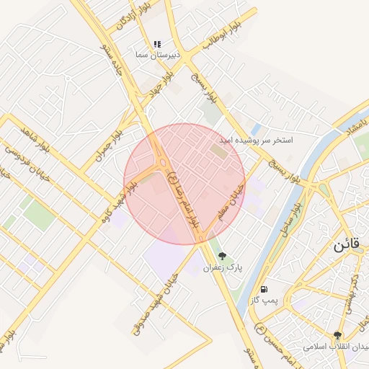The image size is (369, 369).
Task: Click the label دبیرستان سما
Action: (x=156, y=54)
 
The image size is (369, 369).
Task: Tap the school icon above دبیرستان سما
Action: (x=157, y=43)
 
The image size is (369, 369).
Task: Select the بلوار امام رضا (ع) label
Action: (x=183, y=198)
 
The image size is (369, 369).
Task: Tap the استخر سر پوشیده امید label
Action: (x=257, y=138)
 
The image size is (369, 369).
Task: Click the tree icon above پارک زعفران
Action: (x=221, y=256)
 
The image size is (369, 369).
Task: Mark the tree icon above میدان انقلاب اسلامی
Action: (x=337, y=335)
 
